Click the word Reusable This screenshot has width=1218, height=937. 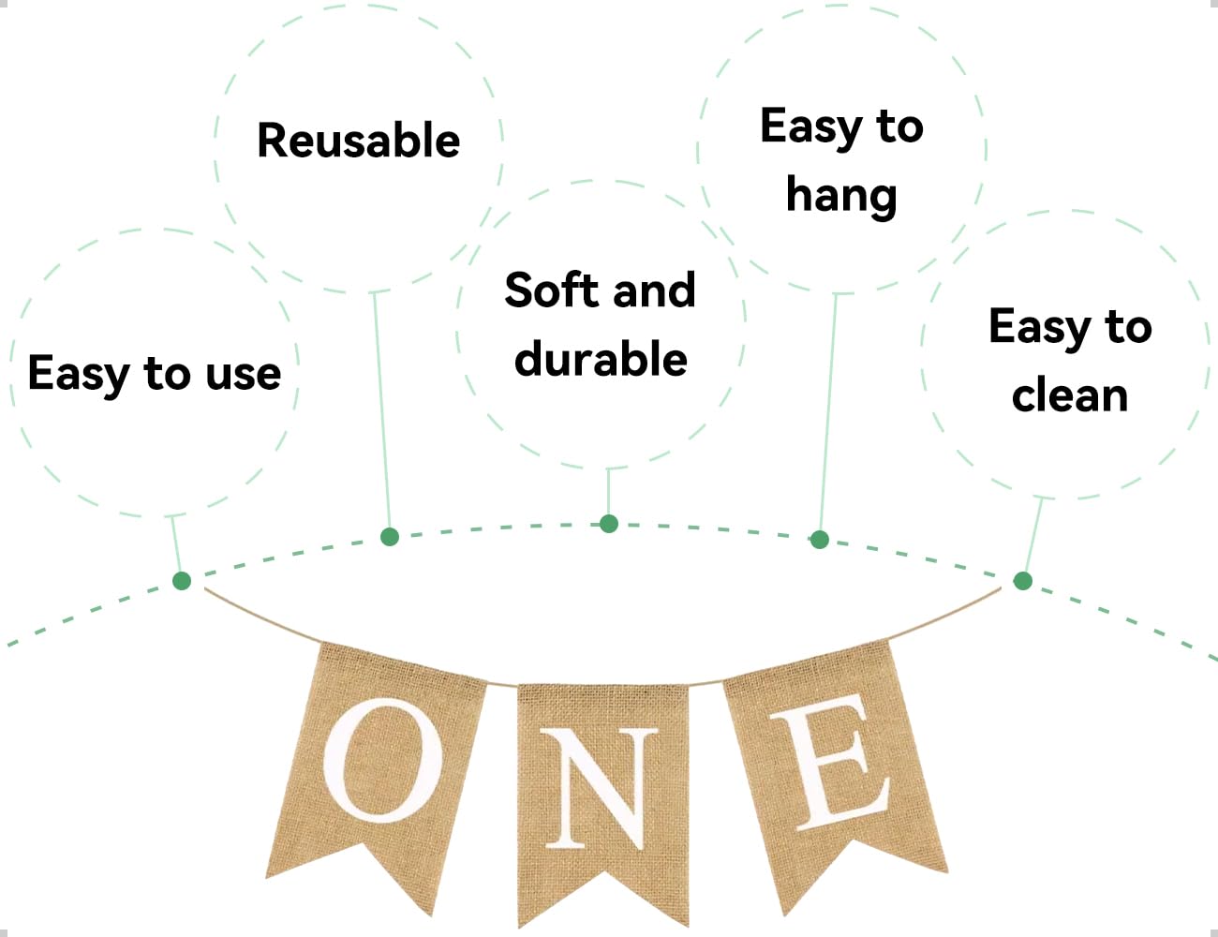pos(359,141)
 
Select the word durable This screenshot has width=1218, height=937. pos(601,359)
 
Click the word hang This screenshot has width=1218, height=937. pos(841,197)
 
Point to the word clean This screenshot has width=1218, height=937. pos(1070,394)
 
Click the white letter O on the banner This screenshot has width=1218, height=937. pos(383,760)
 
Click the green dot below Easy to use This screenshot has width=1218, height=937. pos(182,581)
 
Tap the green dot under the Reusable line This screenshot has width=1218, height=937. pos(390,537)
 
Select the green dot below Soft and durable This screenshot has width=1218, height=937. pos(609,524)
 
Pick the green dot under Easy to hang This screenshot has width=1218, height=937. pos(820,540)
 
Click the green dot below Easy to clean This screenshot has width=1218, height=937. pos(1023,581)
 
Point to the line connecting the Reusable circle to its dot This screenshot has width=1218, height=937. pos(381,412)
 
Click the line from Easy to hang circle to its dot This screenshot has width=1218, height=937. pos(828,412)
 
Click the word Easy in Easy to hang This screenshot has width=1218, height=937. pos(811,127)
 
